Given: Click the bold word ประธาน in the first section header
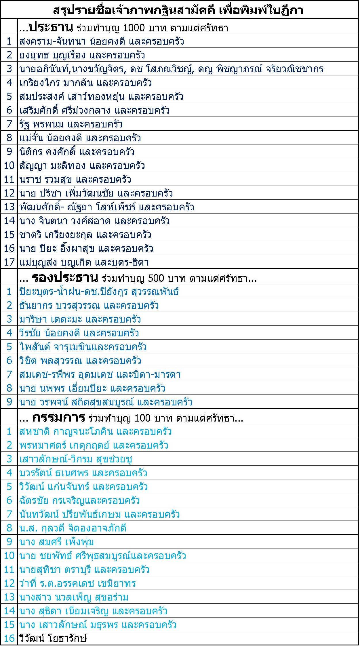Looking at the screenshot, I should tap(51, 28).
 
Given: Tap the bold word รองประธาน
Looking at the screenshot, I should tap(65, 278).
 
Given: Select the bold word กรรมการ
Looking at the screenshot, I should tap(58, 418).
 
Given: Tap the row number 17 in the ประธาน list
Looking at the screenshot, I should tap(9, 262).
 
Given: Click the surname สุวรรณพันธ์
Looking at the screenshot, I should tap(155, 292).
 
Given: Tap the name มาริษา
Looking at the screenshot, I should tap(33, 319).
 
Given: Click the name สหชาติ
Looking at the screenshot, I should tap(35, 432).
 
